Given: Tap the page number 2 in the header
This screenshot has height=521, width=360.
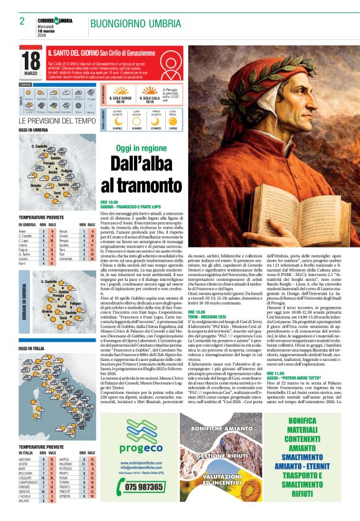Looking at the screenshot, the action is [22, 21].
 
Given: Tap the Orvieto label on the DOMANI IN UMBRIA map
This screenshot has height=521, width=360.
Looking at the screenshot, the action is [29, 311].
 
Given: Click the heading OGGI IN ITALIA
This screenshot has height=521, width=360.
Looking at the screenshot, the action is [32, 349].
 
